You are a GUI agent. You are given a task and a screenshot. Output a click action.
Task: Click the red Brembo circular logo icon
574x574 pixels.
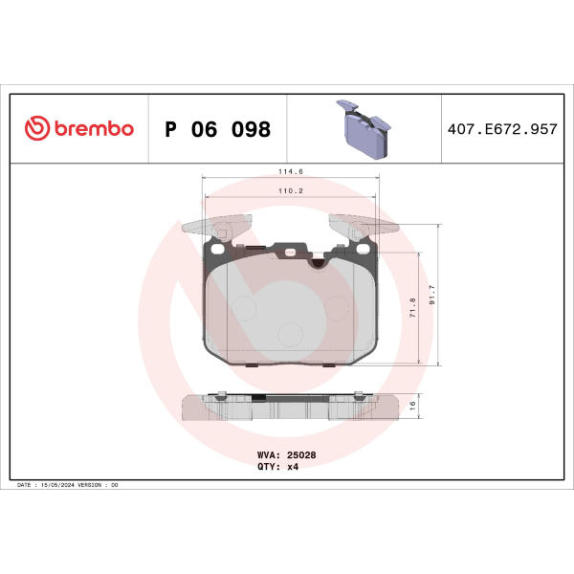pos(37,128)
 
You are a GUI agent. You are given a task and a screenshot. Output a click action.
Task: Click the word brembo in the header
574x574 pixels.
pos(94,128)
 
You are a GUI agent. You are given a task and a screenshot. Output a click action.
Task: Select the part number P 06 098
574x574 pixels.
pos(218,129)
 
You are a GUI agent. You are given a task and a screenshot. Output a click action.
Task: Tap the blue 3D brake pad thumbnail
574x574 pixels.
pos(364,129)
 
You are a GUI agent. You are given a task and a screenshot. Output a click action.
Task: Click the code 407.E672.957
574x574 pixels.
pos(502,129)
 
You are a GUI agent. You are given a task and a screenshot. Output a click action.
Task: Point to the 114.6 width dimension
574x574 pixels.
pos(291,171)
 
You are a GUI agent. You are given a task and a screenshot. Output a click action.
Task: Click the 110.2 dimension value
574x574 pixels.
pos(291,190)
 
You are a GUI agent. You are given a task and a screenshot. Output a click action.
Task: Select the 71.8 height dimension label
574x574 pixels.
pos(412,307)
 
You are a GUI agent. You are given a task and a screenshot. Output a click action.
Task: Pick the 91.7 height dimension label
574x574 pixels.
pos(432,295)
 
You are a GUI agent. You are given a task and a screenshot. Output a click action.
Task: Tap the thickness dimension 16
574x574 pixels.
pos(412,406)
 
